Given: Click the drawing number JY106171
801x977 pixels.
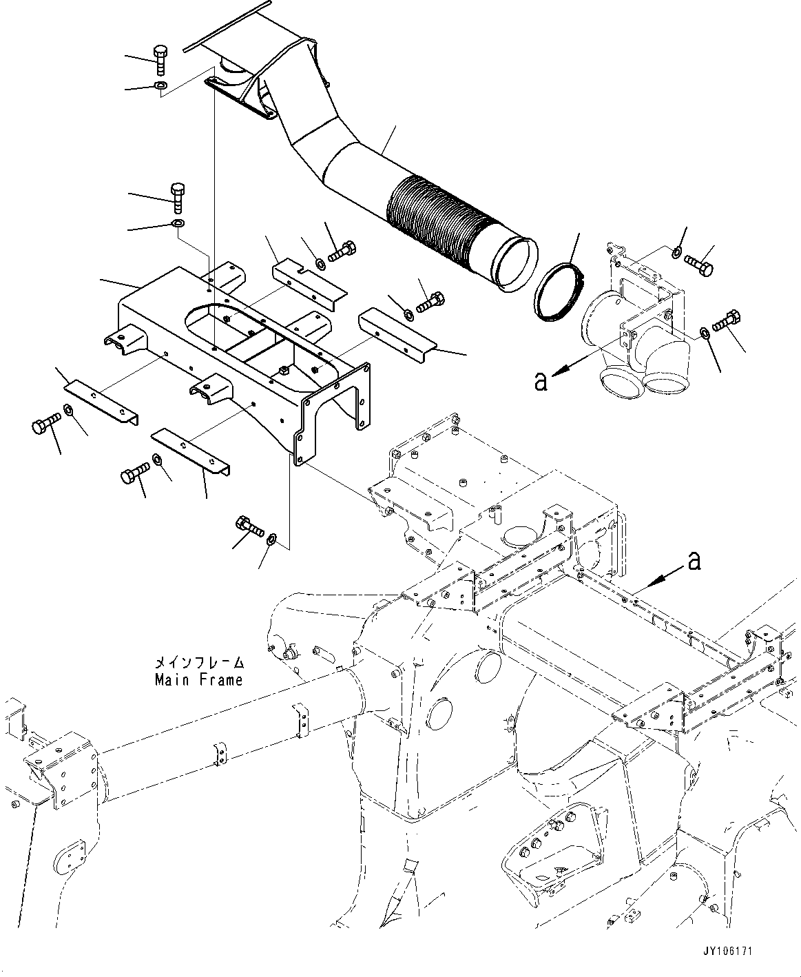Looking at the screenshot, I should click(728, 950).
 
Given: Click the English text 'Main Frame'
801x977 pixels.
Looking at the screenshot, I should click(198, 680).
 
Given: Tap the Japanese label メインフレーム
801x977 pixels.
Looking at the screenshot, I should click(198, 663).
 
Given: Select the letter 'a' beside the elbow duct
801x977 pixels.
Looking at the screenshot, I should click(541, 381).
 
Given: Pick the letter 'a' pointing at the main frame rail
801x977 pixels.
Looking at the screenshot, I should click(694, 562).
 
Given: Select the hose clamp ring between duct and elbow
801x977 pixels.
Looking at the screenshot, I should click(560, 292).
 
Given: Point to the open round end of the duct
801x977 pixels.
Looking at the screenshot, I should click(516, 262).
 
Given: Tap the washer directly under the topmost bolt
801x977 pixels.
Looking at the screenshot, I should click(160, 86).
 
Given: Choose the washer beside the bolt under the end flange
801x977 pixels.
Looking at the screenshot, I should click(271, 537).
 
